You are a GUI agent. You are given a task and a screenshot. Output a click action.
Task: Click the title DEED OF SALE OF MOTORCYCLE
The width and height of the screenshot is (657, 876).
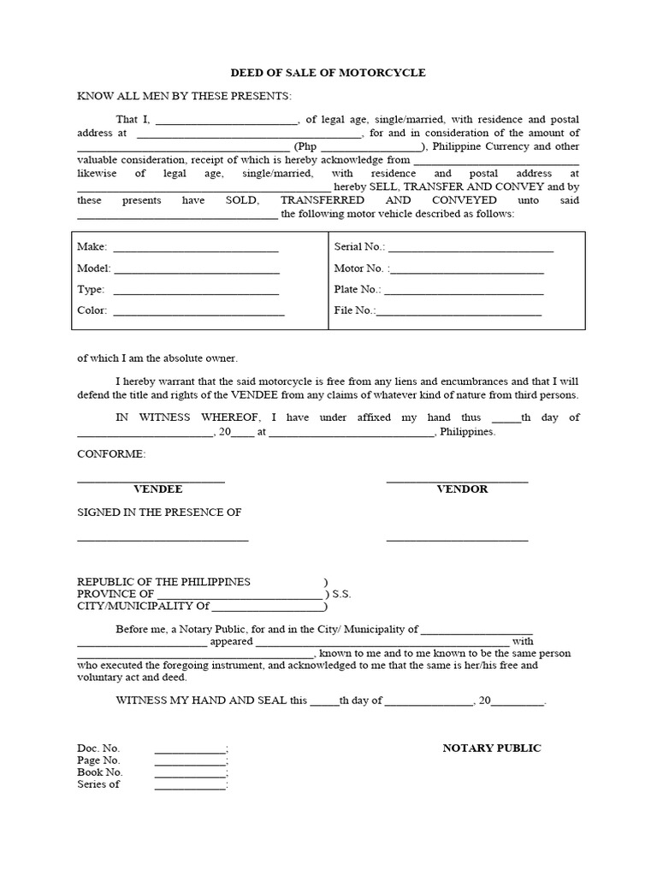328,73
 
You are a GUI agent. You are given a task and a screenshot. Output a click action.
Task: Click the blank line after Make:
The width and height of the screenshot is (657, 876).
196,248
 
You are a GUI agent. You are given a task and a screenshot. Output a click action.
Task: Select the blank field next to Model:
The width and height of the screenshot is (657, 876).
197,269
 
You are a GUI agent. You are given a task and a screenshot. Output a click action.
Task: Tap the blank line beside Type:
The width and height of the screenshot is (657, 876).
196,291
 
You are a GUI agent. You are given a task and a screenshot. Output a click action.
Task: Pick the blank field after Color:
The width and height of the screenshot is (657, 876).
198,312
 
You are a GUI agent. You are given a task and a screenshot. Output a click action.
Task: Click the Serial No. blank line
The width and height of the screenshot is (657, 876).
471,248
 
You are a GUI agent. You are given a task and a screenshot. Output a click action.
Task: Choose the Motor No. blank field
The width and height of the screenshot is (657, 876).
467,269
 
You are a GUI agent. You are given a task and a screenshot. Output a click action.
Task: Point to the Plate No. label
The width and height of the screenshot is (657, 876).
357,290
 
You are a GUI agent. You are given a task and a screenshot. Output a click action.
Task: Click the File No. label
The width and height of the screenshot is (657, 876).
353,311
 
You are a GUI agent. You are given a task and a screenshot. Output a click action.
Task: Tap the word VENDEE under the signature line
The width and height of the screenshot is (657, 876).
158,489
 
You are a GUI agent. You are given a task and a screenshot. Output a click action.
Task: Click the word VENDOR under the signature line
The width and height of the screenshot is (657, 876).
462,489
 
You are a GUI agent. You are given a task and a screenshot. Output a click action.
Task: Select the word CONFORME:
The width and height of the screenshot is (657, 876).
111,453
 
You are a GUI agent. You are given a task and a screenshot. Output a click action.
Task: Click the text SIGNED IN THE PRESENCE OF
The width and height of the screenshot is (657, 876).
159,512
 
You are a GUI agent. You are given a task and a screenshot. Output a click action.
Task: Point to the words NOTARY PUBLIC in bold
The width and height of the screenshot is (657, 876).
492,749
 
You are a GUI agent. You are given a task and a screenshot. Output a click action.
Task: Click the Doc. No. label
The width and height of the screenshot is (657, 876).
98,749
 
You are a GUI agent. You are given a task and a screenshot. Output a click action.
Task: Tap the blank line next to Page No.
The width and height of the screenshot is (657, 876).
190,761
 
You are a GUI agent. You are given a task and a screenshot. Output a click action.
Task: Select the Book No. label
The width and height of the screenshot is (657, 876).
99,772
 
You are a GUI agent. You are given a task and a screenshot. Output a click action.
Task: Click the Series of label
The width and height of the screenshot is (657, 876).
98,784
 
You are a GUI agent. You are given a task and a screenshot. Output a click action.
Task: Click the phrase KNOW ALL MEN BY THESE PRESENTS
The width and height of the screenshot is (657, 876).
185,96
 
